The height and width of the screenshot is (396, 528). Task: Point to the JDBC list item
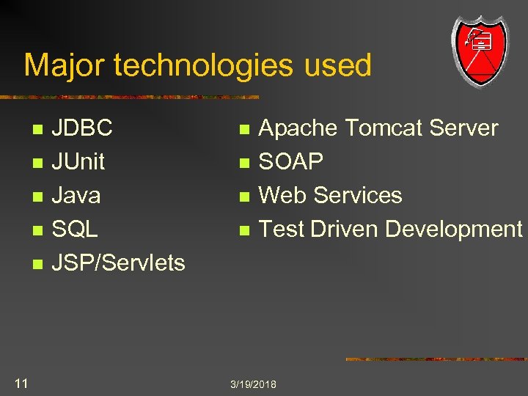81,128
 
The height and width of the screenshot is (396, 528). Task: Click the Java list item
76,196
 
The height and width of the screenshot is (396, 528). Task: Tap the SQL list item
74,230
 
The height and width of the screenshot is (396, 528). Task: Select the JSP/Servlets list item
118,263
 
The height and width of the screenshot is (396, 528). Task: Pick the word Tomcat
384,128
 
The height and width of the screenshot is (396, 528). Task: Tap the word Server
463,128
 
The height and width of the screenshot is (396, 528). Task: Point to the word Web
282,196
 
